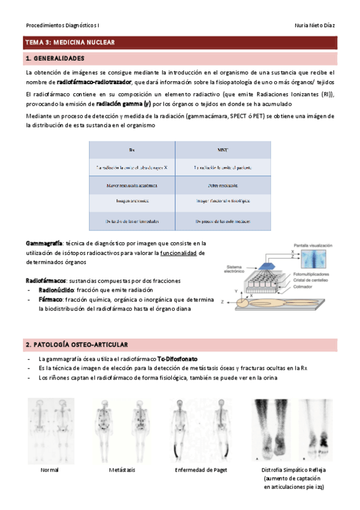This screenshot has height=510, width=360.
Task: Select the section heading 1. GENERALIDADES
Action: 55,59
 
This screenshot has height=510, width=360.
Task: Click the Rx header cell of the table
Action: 132,150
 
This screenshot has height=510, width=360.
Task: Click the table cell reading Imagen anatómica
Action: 132,203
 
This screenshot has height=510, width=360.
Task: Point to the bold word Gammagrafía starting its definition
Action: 44,243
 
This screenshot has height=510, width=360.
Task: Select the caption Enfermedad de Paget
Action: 201,470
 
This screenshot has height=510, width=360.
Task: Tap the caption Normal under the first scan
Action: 50,470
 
